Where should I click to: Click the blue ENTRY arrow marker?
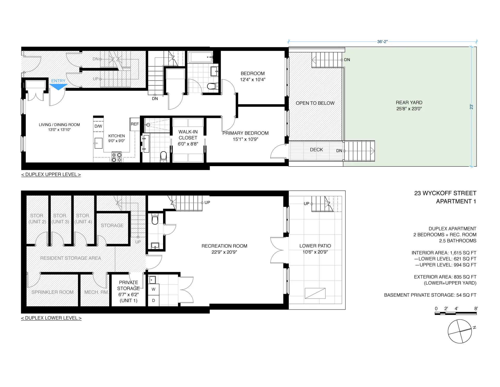58,87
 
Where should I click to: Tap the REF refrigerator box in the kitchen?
135,124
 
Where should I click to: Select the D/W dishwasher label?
98,126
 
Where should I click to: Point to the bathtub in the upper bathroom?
200,57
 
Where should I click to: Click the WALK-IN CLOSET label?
188,138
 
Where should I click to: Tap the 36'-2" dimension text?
382,42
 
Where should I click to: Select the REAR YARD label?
409,103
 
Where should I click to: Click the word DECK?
316,150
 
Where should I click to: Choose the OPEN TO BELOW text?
315,103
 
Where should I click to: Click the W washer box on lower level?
154,289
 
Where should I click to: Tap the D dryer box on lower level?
154,301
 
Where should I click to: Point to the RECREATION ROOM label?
224,246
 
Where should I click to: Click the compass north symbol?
460,331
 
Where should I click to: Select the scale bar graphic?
455,313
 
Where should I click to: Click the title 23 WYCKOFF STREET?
445,193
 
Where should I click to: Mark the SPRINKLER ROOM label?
53,292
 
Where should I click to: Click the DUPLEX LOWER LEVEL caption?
51,318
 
